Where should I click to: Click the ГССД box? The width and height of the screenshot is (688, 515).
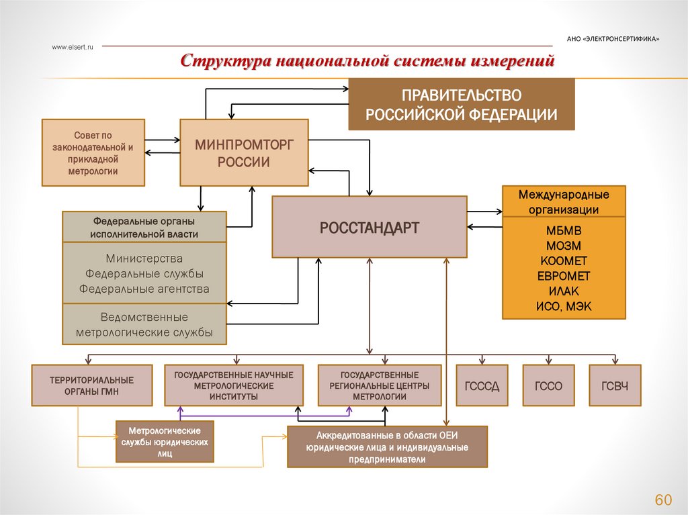point(482,385)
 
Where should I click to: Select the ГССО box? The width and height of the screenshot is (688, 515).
point(548,385)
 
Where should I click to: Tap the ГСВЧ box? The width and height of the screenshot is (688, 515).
point(615,385)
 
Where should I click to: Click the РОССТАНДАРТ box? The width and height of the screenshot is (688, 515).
point(369,227)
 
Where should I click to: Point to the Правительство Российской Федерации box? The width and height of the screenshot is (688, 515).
point(461,104)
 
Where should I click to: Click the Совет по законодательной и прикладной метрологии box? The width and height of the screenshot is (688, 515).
point(93,152)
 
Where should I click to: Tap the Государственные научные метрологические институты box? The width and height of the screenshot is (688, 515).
point(233,385)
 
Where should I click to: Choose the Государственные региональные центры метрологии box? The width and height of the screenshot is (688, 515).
point(380,385)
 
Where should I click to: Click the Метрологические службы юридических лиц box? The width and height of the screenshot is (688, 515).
point(165,442)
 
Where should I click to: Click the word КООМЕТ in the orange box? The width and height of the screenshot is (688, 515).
point(563,261)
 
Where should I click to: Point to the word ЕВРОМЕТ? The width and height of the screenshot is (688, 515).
point(563,276)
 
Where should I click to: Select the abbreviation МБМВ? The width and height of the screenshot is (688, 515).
point(563,230)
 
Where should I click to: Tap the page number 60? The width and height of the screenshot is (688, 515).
point(663,500)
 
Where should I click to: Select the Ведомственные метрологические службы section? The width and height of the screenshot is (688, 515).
point(144,324)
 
